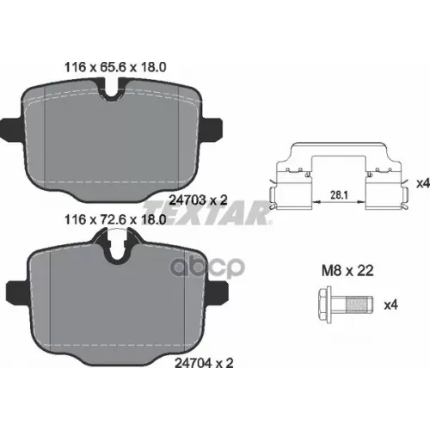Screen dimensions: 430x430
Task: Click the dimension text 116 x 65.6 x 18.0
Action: point(115,67)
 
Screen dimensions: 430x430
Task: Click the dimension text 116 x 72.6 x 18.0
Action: point(115,220)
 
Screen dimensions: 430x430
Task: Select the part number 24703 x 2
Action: point(198,200)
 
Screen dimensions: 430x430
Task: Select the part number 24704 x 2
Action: point(204,363)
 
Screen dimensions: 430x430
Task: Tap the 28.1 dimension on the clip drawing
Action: point(339,195)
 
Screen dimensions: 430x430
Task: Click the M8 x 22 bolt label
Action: point(347,271)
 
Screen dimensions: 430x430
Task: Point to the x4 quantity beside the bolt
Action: point(390,305)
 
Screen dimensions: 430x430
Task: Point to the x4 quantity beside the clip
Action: point(423,183)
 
